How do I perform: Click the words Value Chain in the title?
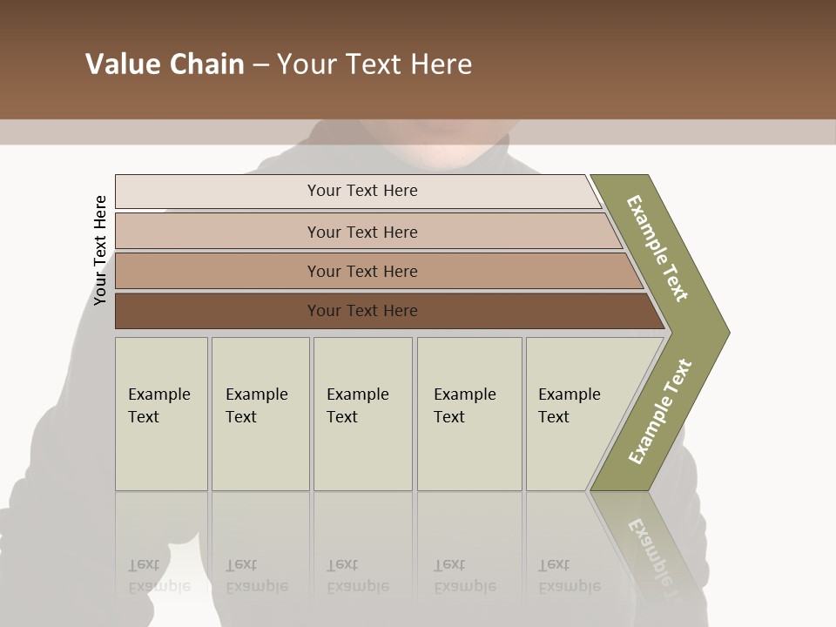coord(165,64)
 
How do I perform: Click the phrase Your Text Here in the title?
coord(374,64)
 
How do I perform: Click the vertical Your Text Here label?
coord(101,251)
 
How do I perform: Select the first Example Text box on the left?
coord(161,415)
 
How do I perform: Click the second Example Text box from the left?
coord(260,415)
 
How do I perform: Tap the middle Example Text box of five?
coord(361,415)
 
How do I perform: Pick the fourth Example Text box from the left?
coord(469,415)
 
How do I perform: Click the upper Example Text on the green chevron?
coord(657,248)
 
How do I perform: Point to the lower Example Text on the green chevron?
coord(660,411)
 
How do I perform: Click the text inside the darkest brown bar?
coord(362,311)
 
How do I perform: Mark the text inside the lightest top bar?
coord(362,191)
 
